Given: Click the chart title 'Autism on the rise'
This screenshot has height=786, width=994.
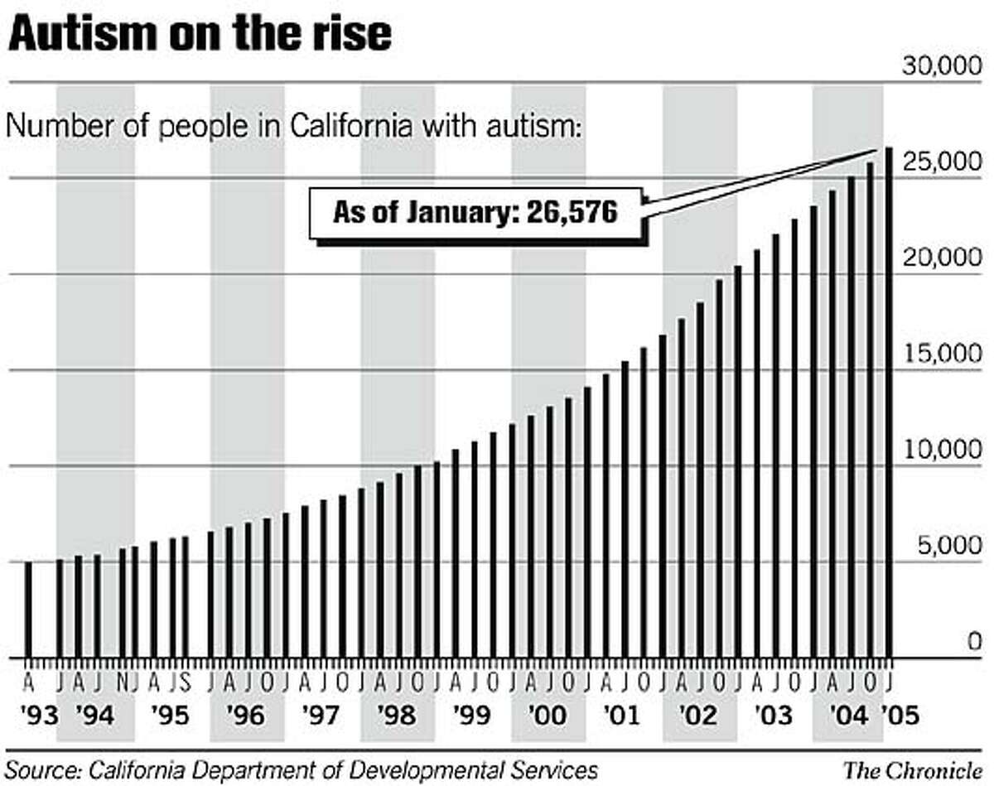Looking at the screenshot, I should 198,36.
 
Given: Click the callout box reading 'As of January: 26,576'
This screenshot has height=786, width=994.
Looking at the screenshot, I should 475,212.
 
